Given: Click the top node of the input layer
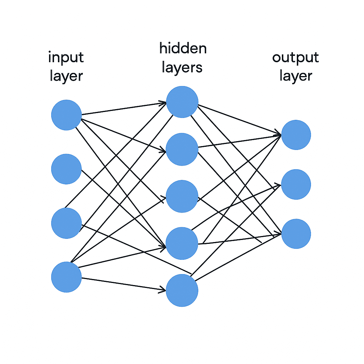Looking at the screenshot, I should coord(66,115).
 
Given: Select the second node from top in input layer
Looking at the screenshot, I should coord(66,169).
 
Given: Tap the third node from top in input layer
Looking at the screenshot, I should coord(66,223).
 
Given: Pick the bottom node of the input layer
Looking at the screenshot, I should coord(66,277).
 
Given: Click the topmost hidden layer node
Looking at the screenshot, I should coord(182,102).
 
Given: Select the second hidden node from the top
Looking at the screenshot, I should coord(182,149).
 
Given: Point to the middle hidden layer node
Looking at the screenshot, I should coord(182,196).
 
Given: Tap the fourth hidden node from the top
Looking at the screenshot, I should coord(182,243).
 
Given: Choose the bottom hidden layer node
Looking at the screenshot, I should coord(182,290).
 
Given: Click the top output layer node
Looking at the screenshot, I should coord(296,135).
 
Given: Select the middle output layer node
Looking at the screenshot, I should coord(296,184).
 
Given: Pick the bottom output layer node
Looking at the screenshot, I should coord(296,234).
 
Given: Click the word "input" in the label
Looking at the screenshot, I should coord(66,58).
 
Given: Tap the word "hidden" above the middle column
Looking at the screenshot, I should coord(183,48).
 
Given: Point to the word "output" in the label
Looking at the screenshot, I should coord(295,58).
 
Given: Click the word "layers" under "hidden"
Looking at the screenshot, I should coord(182,68).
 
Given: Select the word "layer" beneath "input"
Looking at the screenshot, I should coord(66,76).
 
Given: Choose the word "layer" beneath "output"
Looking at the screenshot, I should coord(296,76).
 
